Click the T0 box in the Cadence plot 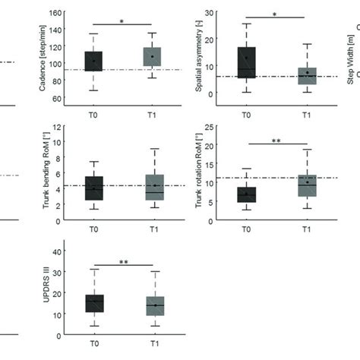click(93, 62)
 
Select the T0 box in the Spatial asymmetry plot click(246, 62)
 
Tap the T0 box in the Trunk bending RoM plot click(93, 188)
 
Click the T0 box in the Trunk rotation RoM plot click(246, 194)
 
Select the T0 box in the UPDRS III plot click(93, 303)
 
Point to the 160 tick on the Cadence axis click(57, 14)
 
